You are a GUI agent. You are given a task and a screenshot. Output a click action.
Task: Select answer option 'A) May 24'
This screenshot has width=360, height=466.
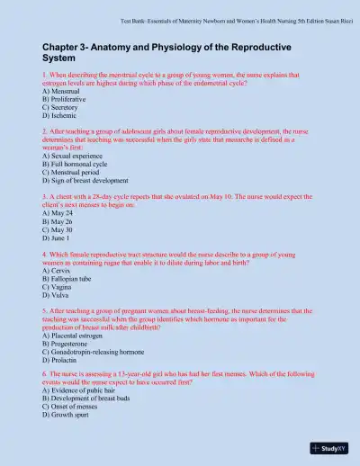58,213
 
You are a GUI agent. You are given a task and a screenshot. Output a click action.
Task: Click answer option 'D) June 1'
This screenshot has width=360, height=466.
58,237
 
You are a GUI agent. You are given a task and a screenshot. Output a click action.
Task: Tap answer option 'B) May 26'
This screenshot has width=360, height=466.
58,221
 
